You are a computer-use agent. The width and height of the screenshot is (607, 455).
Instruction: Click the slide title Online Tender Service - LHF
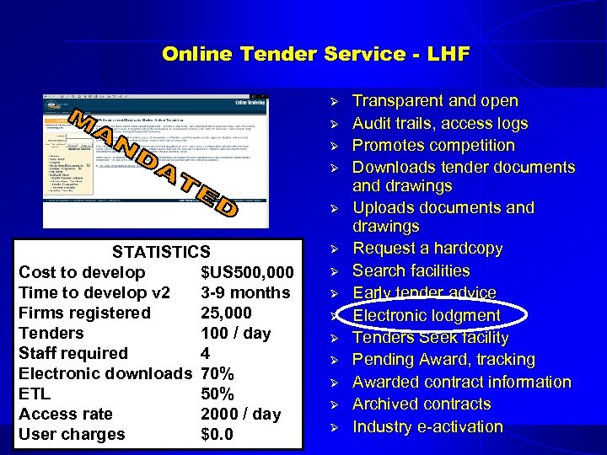coord(315,55)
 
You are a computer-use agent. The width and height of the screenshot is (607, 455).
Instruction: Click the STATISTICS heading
coord(161,252)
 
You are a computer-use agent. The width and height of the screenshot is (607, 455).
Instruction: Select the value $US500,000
coord(247,272)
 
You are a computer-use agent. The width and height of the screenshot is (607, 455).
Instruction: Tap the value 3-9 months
coord(244,292)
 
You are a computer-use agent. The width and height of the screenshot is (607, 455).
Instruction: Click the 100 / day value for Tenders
coord(235,333)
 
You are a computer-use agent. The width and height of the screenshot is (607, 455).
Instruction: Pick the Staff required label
coord(73,353)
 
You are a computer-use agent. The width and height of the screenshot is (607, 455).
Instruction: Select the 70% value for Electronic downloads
coord(218,373)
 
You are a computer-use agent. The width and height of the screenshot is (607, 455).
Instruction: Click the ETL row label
coord(35,393)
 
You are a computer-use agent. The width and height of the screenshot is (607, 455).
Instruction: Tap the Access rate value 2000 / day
coord(240,414)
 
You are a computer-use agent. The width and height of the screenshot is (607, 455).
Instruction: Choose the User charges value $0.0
coord(217,434)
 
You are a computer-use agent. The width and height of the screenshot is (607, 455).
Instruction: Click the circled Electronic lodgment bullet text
coord(427,315)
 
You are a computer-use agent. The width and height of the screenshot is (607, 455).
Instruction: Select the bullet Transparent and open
coord(435,101)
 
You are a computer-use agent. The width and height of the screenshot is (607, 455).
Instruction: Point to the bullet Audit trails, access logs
coord(440,123)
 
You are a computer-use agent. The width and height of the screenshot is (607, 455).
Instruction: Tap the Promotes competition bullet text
coord(433,145)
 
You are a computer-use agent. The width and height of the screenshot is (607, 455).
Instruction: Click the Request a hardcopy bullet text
coord(427,249)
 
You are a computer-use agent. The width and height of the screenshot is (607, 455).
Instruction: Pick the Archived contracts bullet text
coord(422,404)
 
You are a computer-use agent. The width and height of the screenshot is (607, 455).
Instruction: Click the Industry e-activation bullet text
coord(427,426)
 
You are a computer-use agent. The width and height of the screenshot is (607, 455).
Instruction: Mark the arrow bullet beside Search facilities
coord(334,271)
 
